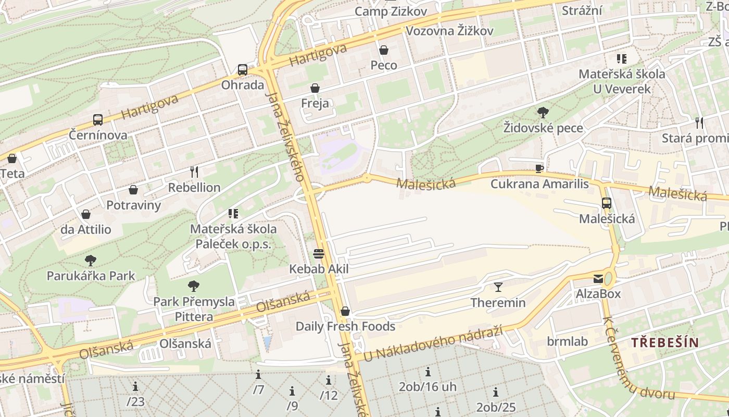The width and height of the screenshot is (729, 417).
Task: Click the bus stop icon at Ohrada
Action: coord(243,70)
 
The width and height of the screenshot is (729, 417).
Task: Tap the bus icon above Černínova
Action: coord(98,120)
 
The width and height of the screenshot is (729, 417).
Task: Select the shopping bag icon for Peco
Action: coord(384,50)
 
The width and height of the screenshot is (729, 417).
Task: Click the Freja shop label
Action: coord(315,103)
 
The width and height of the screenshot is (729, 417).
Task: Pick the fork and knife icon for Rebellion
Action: coord(194,171)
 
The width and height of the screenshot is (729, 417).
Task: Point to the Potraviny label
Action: coord(134,205)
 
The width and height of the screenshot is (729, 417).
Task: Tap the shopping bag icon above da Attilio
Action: coord(86,214)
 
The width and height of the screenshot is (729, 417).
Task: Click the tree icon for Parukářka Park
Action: coord(91,260)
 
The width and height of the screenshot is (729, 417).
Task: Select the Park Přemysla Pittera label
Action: coord(194,309)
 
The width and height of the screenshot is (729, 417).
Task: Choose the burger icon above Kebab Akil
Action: coord(319,254)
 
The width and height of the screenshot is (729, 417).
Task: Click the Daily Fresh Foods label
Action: coord(345,326)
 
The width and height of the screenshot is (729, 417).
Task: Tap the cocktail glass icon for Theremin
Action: coord(498,287)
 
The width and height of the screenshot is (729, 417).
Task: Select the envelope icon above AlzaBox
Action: coord(598,279)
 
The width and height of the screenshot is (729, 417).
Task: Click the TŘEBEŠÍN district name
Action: coord(665,342)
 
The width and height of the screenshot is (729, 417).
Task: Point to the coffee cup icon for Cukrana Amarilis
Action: coord(539,168)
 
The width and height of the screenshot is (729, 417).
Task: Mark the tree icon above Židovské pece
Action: coord(543,112)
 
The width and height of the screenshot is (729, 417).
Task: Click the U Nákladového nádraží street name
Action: coord(433,342)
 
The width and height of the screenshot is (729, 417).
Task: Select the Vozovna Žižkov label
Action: coord(449,31)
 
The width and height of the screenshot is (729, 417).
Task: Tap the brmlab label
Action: coord(567,341)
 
